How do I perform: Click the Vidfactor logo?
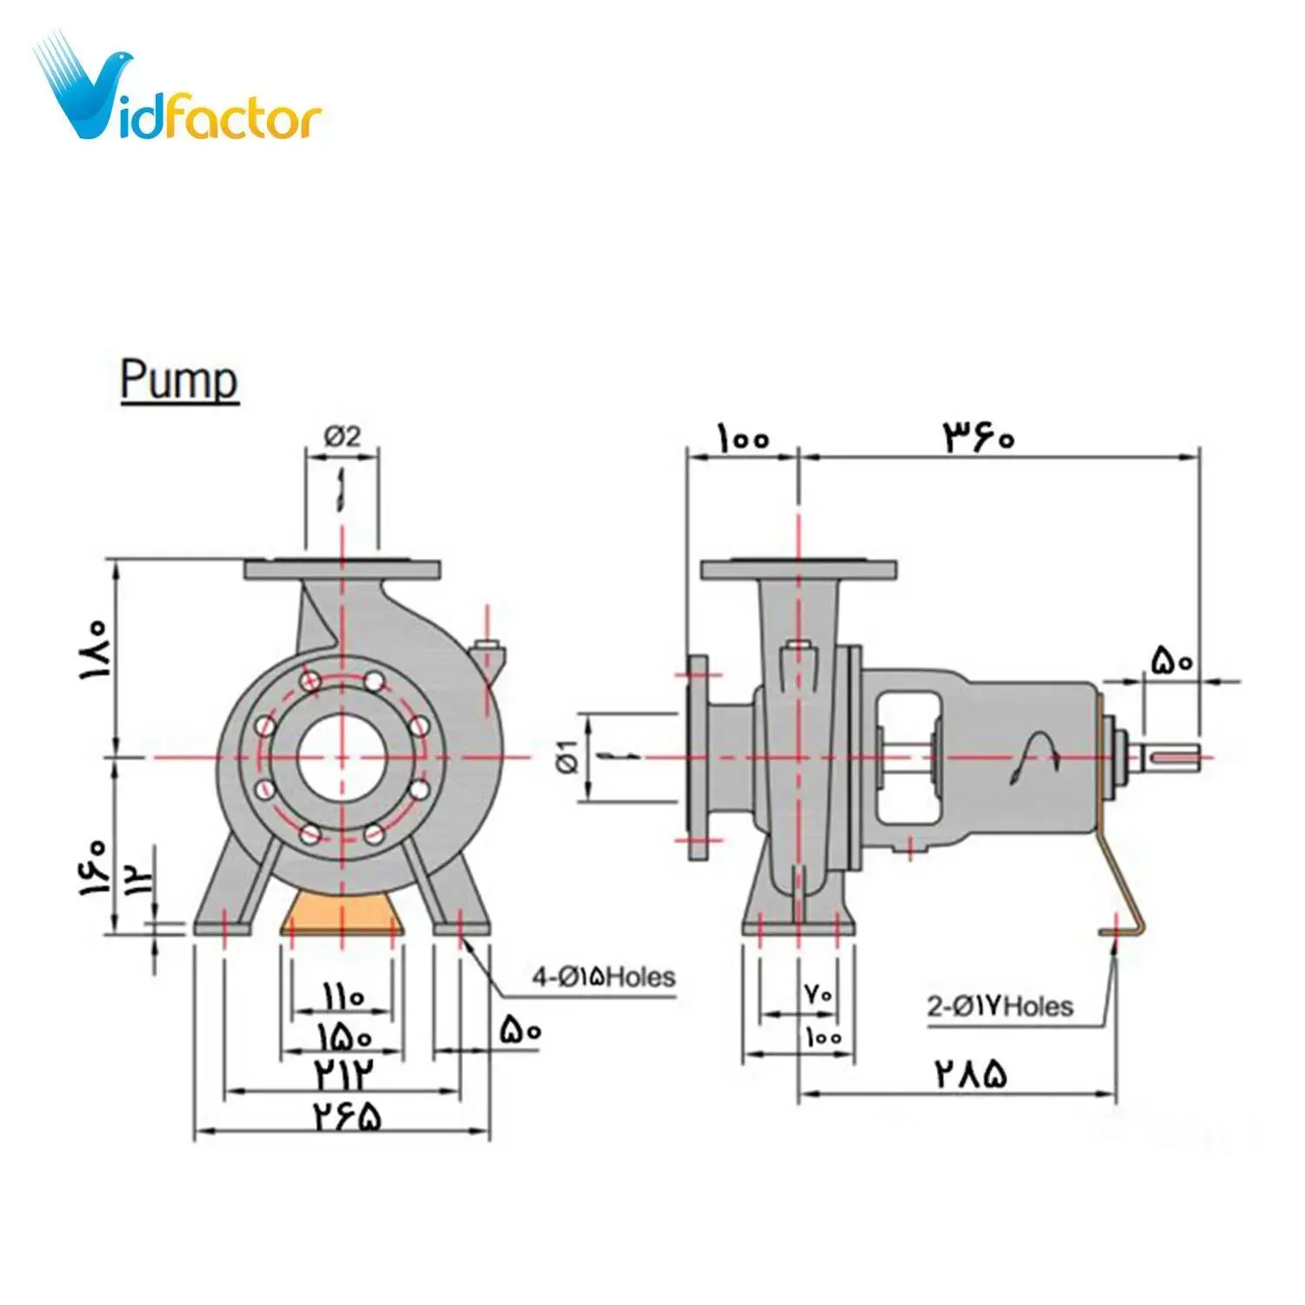178,91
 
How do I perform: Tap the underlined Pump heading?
178,381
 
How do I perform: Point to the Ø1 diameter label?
567,755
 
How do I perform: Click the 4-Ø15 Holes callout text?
603,977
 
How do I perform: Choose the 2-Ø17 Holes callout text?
1000,1007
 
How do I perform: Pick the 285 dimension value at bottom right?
971,1074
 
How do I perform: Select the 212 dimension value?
342,1075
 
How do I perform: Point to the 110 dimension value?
342,997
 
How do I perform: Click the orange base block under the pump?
341,913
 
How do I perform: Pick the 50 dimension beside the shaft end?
1171,662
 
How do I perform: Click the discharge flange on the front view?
341,570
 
